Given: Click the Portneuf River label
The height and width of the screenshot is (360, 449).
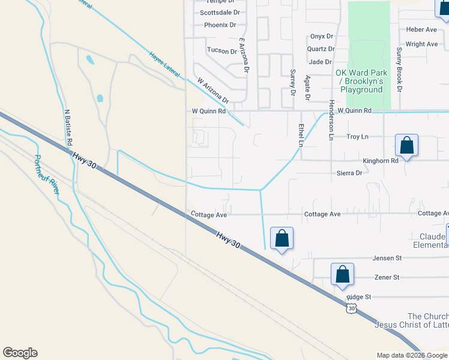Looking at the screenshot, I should click(47, 175).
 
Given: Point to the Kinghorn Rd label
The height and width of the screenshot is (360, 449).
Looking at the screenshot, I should click(381, 161).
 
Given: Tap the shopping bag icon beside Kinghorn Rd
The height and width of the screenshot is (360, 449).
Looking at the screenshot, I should click(407, 146).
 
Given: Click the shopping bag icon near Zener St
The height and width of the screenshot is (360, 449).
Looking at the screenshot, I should click(342, 274).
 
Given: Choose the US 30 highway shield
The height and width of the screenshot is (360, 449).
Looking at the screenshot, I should click(352, 308).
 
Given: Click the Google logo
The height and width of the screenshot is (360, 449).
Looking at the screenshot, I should click(20, 353).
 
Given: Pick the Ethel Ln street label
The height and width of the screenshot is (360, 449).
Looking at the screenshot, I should click(301, 135).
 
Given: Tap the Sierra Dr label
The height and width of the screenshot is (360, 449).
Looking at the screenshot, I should click(349, 173).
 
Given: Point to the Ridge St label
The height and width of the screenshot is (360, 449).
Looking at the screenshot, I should click(360, 297).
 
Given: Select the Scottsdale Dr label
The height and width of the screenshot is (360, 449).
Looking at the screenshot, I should click(220, 12).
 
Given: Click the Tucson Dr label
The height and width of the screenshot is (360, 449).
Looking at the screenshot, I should click(221, 50).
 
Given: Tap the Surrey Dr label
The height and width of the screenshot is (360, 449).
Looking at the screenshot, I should click(293, 82).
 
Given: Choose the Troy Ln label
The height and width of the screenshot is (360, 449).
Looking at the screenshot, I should click(357, 137).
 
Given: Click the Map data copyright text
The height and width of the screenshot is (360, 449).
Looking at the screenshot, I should click(412, 355).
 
